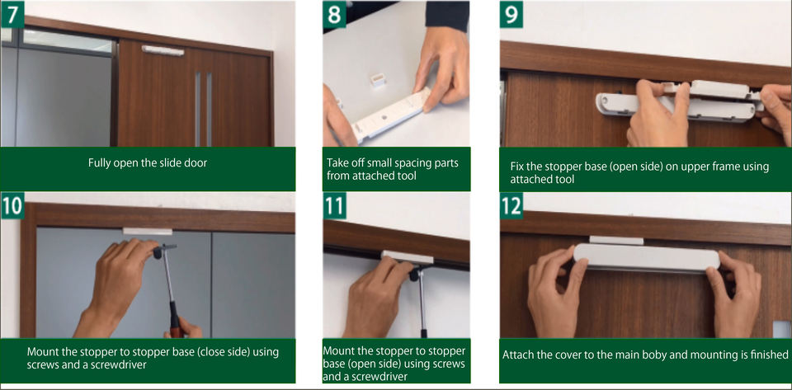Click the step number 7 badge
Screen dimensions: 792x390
click(x=12, y=14)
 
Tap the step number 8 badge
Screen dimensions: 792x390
click(x=334, y=14)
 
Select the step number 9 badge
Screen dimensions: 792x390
click(x=511, y=14)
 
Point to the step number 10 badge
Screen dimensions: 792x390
click(x=12, y=205)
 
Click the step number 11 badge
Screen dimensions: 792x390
click(x=334, y=205)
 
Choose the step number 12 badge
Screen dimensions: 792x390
click(x=511, y=205)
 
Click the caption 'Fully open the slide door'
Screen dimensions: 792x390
click(x=148, y=163)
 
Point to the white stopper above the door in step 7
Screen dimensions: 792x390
click(x=163, y=50)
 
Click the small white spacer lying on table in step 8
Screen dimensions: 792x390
click(x=377, y=80)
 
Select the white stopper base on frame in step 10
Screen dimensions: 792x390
click(x=148, y=232)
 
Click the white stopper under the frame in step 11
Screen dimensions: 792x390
click(x=407, y=257)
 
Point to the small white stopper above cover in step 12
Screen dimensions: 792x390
click(x=616, y=240)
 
